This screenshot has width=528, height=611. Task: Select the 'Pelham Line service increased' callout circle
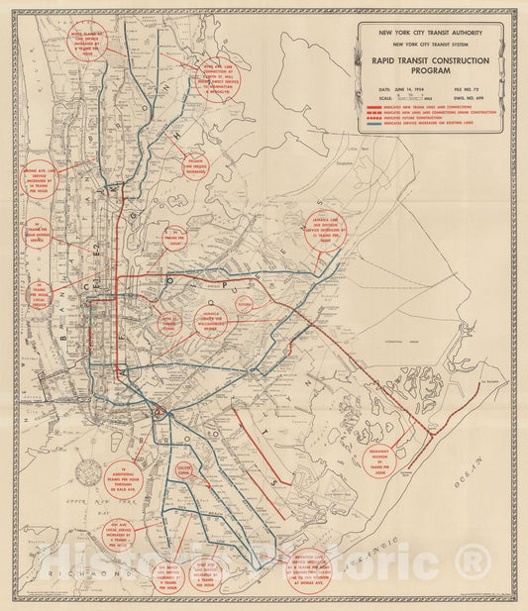[x=195, y=165]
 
